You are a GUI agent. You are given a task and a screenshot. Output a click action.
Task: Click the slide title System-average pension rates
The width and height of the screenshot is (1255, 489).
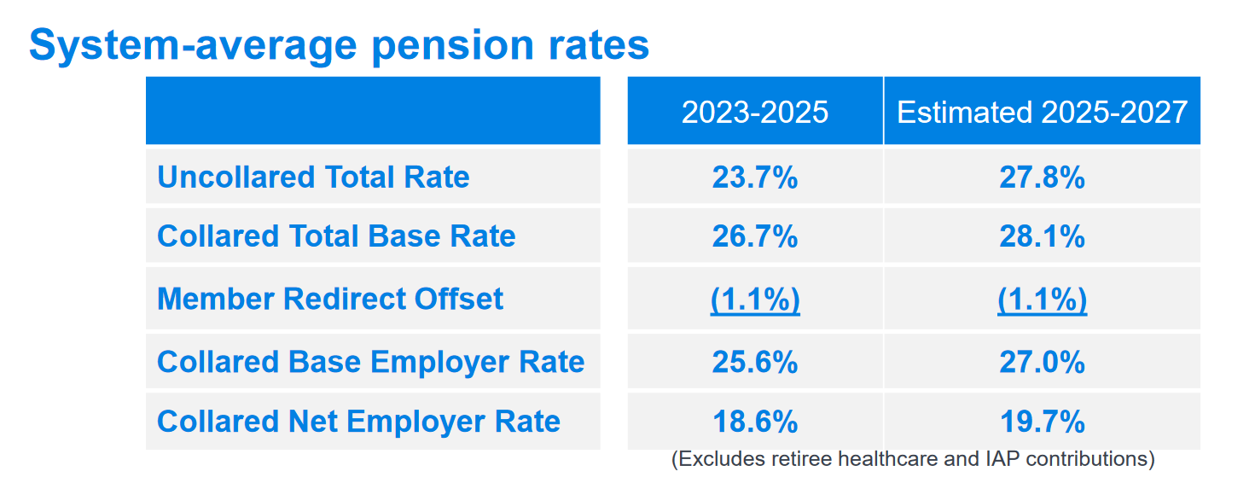(x=339, y=44)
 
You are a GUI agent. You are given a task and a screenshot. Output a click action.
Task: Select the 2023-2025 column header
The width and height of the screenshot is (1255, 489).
(x=755, y=112)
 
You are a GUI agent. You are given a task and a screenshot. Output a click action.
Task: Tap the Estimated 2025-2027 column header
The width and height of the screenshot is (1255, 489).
(x=1042, y=112)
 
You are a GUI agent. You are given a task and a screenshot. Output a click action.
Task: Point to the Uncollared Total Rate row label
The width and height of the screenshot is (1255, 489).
(x=313, y=177)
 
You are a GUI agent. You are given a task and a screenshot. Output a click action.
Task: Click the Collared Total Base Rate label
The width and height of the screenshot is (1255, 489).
(x=336, y=236)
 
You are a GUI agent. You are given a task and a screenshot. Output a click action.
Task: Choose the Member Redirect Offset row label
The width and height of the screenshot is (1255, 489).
(x=330, y=299)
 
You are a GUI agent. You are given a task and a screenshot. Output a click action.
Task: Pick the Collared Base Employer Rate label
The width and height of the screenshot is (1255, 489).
(x=371, y=361)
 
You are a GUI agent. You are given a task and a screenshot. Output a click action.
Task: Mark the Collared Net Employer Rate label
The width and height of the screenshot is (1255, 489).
(x=358, y=421)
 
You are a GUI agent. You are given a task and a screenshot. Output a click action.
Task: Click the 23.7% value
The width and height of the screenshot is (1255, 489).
(x=755, y=177)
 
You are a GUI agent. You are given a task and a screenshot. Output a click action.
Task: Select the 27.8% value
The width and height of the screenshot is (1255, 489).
(x=1042, y=177)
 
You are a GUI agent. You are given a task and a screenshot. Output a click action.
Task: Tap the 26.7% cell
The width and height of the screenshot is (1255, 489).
(x=755, y=236)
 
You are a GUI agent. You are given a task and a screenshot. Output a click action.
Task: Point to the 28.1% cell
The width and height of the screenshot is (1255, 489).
(x=1042, y=236)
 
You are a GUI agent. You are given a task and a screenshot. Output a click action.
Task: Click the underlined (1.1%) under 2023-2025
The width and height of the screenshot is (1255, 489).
(x=755, y=299)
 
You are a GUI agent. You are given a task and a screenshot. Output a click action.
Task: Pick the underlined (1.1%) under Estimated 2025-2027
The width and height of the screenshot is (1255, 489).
(x=1042, y=299)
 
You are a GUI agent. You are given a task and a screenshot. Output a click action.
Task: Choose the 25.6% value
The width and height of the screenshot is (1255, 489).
(x=755, y=361)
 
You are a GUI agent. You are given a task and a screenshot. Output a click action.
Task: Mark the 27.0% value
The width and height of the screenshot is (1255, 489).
(x=1042, y=361)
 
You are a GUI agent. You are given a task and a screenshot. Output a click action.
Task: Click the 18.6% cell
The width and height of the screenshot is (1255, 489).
(x=755, y=421)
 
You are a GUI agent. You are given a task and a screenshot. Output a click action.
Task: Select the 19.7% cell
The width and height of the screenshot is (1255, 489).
(x=1042, y=421)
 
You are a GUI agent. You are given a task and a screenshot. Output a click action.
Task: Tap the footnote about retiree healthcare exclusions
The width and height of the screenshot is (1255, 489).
(x=913, y=459)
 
